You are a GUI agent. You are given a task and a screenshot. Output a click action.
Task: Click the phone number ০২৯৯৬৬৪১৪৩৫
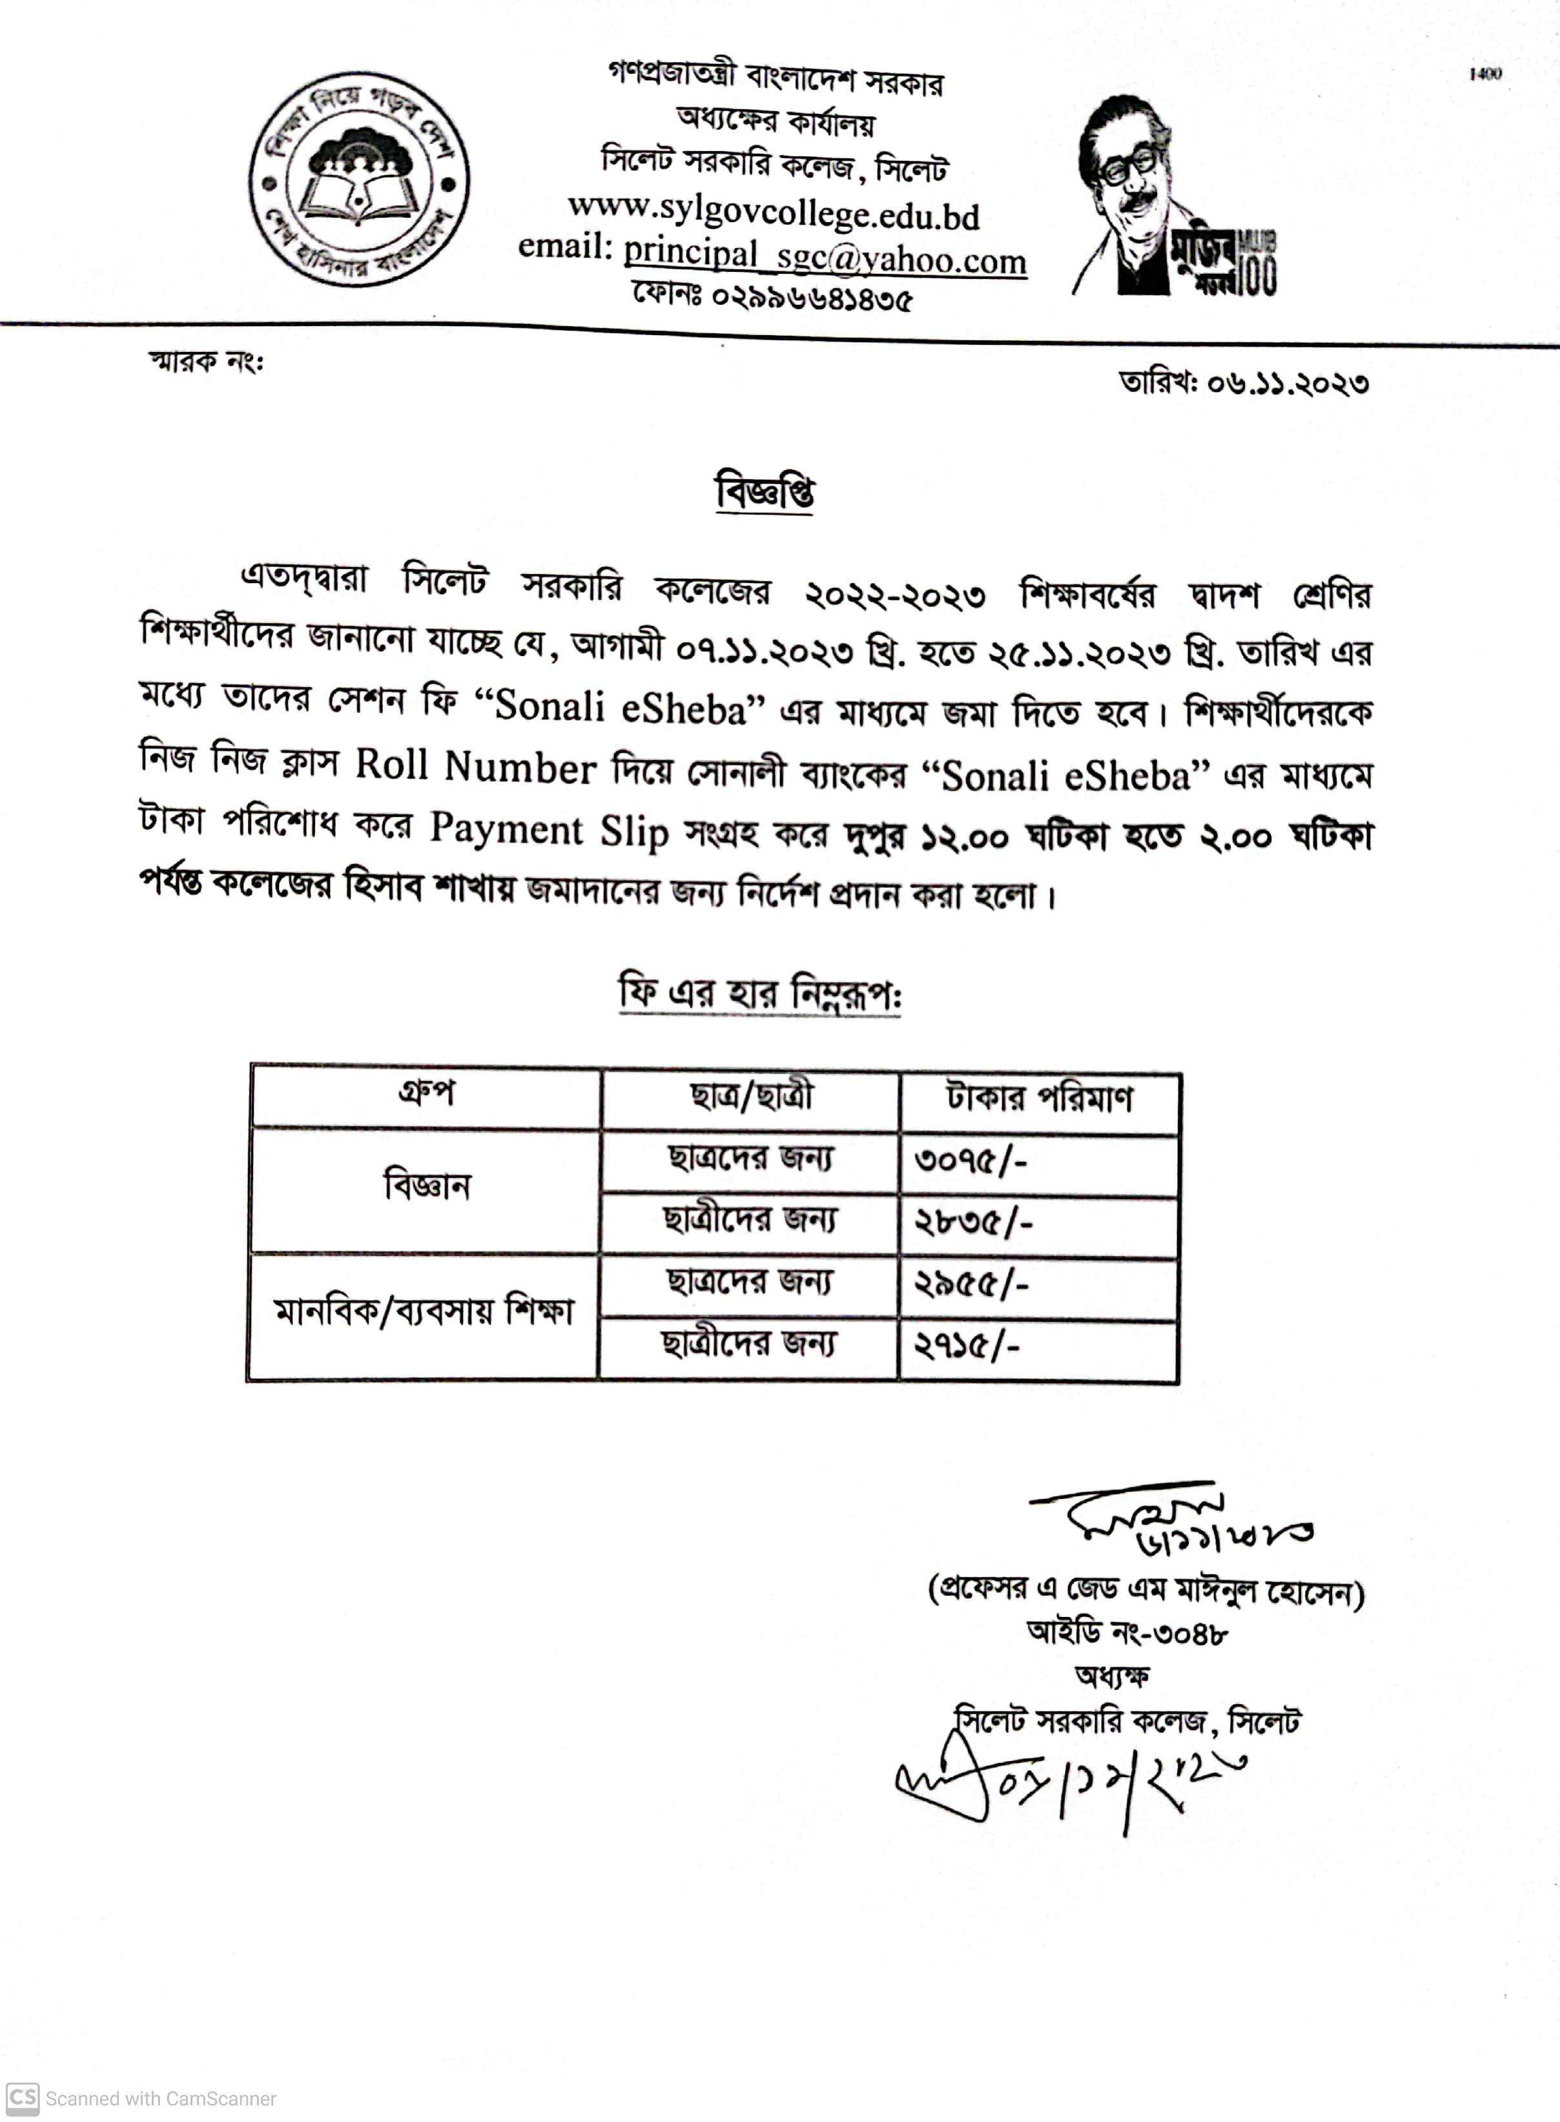point(810,298)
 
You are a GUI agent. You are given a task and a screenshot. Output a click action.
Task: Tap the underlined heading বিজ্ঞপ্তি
point(765,493)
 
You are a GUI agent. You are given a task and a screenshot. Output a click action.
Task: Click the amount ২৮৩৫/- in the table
point(972,1224)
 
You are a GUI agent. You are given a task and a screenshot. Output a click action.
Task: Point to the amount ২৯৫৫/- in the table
point(970,1285)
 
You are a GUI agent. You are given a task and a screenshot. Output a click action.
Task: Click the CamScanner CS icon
point(23,2097)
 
